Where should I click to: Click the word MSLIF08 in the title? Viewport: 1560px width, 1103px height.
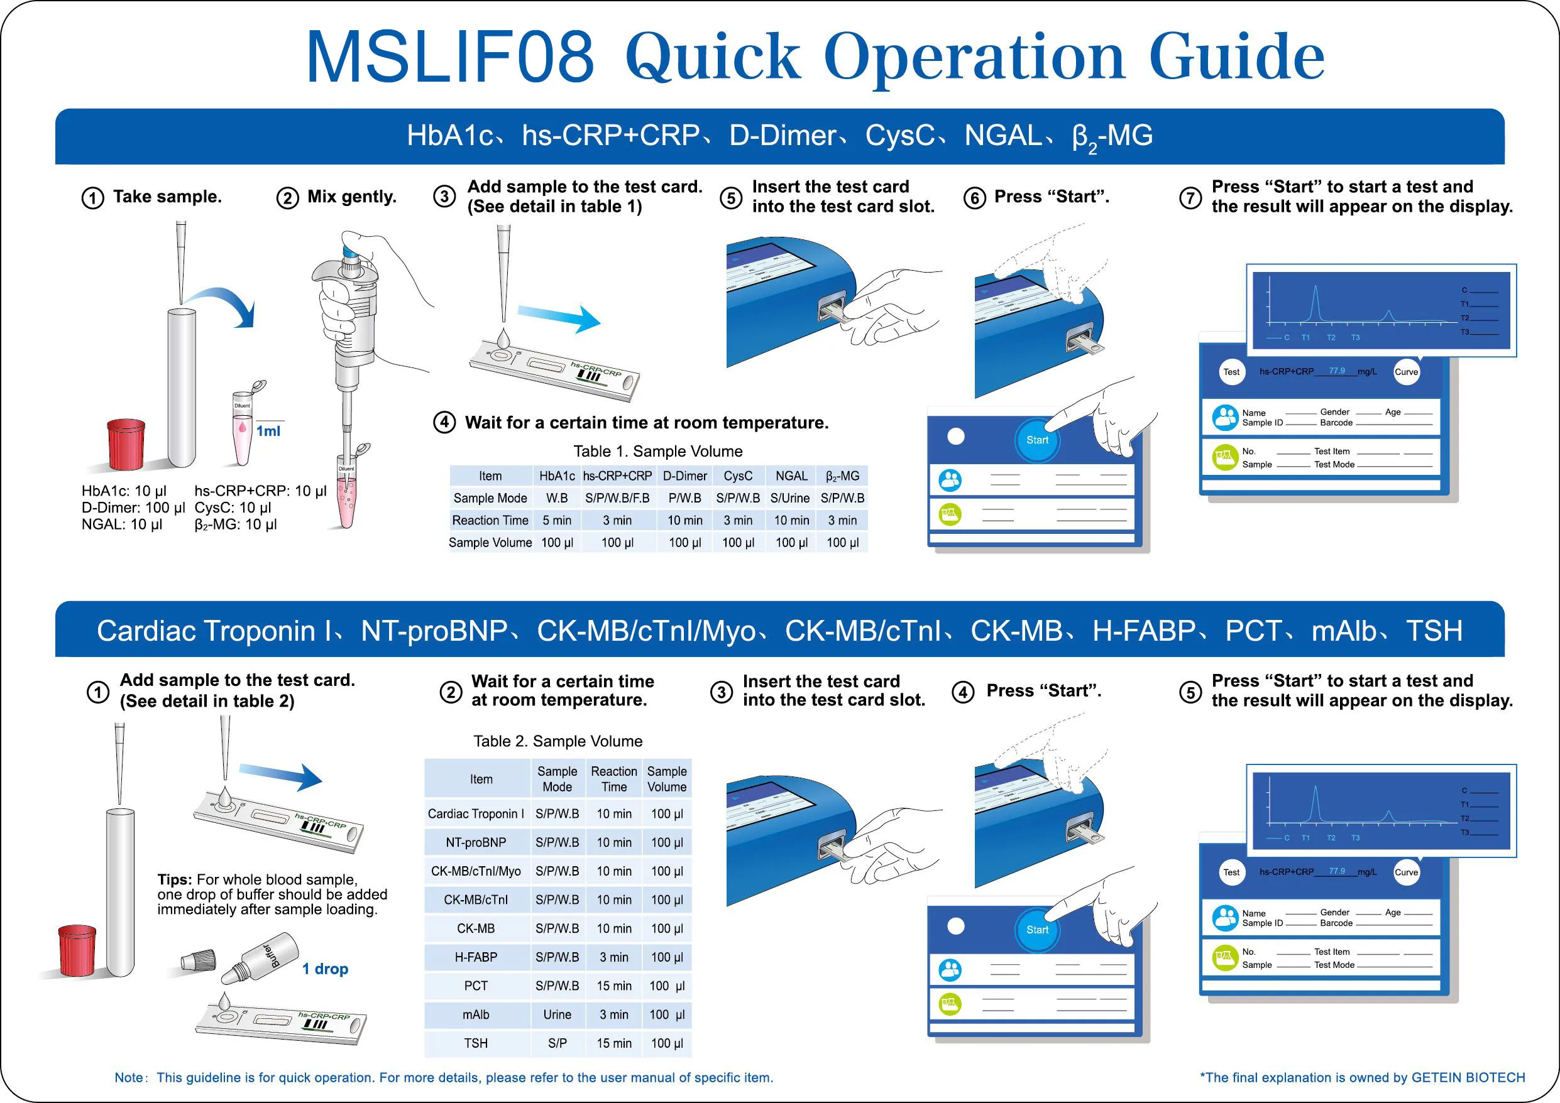[450, 57]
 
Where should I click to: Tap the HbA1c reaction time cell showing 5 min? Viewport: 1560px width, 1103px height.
[556, 520]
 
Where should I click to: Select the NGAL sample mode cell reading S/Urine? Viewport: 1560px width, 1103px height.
[789, 498]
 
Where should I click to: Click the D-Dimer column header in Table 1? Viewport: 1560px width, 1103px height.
[684, 476]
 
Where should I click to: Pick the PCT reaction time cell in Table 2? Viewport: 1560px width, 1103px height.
[613, 986]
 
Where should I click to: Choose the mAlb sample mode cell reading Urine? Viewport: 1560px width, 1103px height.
[557, 1014]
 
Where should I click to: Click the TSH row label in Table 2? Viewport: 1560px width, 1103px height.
[476, 1043]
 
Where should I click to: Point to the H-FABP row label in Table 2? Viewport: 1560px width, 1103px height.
[476, 957]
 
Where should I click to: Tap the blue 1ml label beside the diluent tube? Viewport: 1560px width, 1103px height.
[268, 431]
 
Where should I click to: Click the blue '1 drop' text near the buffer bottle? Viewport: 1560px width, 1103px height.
[325, 969]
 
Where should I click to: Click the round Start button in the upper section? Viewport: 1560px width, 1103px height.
[1037, 440]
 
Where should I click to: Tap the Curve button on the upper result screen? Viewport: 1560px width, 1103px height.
[1406, 371]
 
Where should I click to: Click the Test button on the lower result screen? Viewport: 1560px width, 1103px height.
[1231, 872]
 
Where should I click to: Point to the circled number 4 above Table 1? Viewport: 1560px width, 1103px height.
[444, 423]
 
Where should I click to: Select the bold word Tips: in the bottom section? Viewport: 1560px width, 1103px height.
[175, 879]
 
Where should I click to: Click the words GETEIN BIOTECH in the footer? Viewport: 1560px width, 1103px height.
[1468, 1077]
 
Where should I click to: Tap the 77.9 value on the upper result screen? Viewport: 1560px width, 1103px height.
[1336, 371]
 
